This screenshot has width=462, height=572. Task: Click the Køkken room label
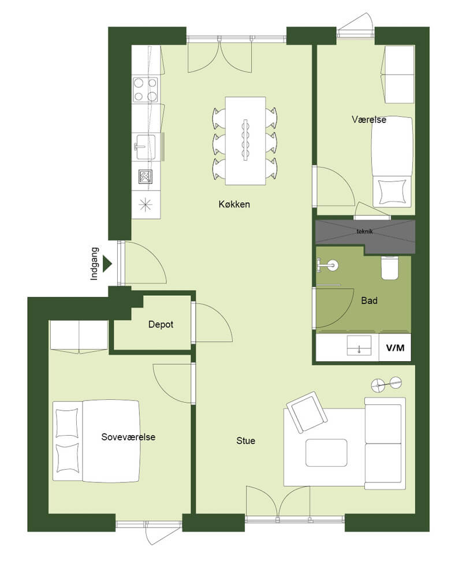(x=234, y=204)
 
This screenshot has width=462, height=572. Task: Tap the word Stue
(x=245, y=441)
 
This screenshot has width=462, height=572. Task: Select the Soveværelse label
(x=128, y=437)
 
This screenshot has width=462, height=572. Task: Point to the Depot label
(x=161, y=324)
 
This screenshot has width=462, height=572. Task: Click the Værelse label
(x=369, y=119)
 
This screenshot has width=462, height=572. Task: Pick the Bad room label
(x=369, y=300)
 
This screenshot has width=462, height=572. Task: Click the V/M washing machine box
(x=395, y=348)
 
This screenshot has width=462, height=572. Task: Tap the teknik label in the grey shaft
(x=364, y=231)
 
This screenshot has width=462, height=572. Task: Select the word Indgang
(x=94, y=263)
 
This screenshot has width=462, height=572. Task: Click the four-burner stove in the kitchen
(x=145, y=90)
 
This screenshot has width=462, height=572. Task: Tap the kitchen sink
(x=146, y=147)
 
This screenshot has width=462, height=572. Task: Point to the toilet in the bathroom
(x=389, y=268)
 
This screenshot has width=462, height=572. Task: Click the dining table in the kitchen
(x=245, y=141)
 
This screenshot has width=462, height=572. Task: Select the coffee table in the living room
(x=326, y=453)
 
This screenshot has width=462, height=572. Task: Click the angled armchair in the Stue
(x=307, y=412)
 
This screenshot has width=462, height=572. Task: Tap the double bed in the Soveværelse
(x=96, y=441)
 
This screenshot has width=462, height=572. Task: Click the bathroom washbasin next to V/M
(x=359, y=346)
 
